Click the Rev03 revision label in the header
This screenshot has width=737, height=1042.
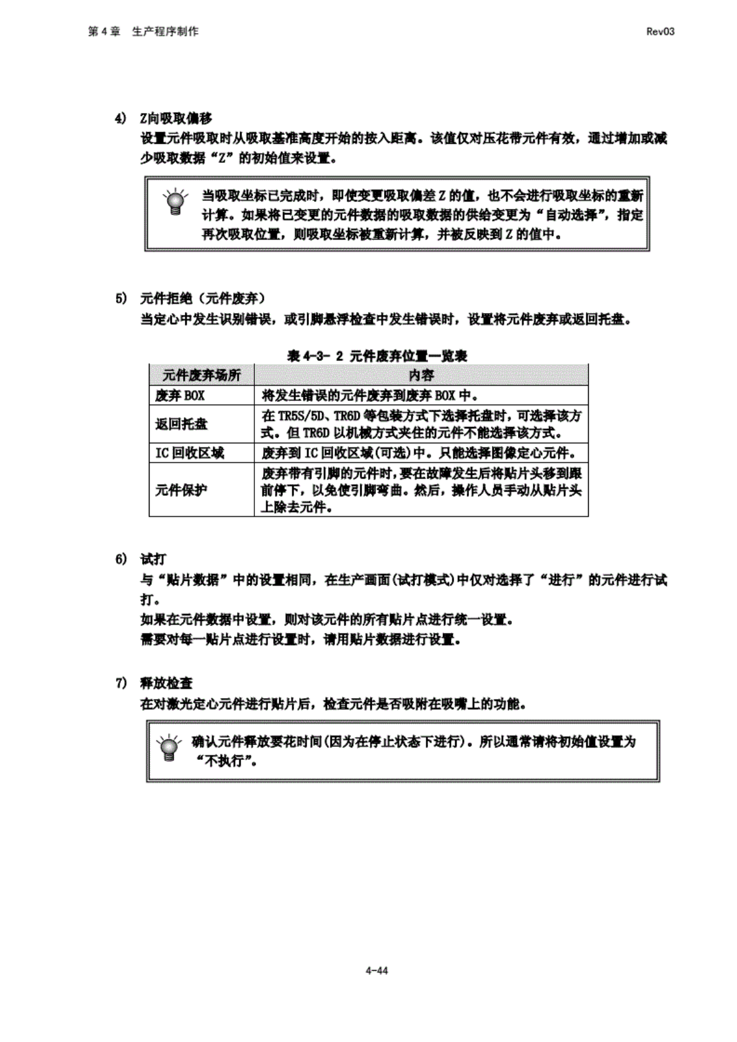pos(659,32)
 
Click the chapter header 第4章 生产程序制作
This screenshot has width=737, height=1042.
pos(143,32)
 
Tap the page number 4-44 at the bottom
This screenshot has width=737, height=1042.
pos(377,971)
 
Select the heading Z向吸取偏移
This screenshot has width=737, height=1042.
pos(176,118)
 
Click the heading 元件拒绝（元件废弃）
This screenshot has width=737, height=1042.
pos(202,299)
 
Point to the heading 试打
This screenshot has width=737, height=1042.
pos(153,559)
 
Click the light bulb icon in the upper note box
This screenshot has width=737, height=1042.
pos(176,201)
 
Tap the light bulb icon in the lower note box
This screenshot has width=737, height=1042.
pos(167,748)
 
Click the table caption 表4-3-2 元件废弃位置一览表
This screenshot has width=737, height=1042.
pos(377,356)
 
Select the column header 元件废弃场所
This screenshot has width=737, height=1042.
pos(202,375)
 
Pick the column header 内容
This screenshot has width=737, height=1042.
pos(421,375)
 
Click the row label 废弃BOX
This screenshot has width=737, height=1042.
pos(180,395)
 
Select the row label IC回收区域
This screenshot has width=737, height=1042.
pos(189,453)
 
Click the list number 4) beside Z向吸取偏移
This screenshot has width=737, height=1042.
pos(121,118)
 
